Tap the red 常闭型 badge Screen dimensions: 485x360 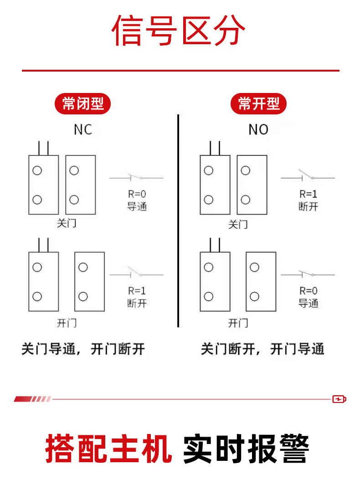[x=83, y=104]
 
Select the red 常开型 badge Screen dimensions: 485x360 [x=258, y=104]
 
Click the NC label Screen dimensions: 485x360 [x=82, y=130]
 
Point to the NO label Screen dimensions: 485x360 [x=258, y=130]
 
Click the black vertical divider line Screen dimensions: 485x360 [x=178, y=221]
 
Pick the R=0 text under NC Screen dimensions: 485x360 [x=137, y=194]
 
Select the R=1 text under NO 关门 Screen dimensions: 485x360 [x=308, y=194]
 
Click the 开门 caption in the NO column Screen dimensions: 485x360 [x=238, y=323]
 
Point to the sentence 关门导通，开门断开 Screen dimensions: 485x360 [x=83, y=350]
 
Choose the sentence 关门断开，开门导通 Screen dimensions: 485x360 [x=262, y=350]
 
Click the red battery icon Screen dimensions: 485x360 [x=339, y=399]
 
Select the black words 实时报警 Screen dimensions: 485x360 [x=246, y=449]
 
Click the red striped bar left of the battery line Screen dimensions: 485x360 [x=32, y=399]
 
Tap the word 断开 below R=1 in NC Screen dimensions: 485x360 [x=137, y=303]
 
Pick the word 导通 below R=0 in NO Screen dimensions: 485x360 [x=308, y=303]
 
